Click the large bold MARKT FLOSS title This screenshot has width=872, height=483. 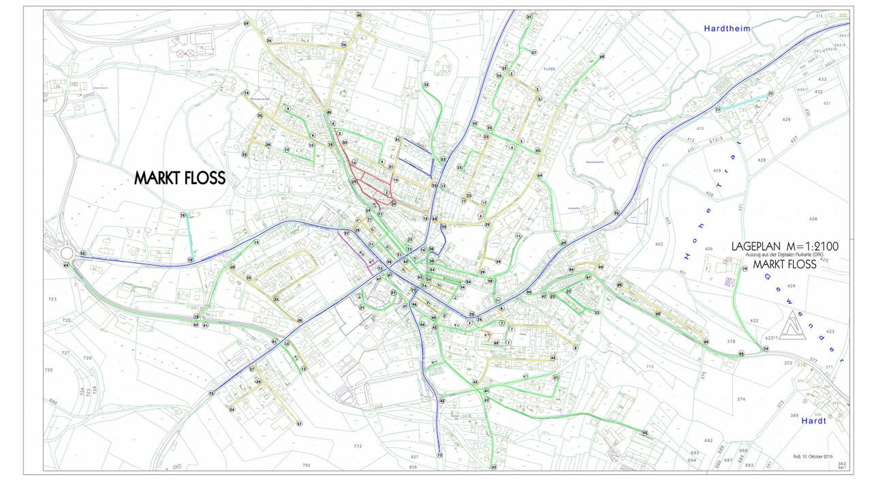click(x=179, y=178)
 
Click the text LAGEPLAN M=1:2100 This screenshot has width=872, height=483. click(x=784, y=246)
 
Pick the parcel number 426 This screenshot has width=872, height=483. click(x=812, y=219)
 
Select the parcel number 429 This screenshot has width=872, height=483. click(x=786, y=119)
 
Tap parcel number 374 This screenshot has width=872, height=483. click(x=741, y=399)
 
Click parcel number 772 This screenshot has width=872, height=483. click(x=358, y=446)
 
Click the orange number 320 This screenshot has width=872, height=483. click(x=843, y=15)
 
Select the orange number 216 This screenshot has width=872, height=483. click(x=801, y=364)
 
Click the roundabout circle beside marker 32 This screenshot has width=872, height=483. click(x=67, y=253)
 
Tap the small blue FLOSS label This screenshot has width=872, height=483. click(x=550, y=69)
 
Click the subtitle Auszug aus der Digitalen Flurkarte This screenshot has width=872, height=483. click(x=784, y=254)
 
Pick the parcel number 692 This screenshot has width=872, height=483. click(x=689, y=441)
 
